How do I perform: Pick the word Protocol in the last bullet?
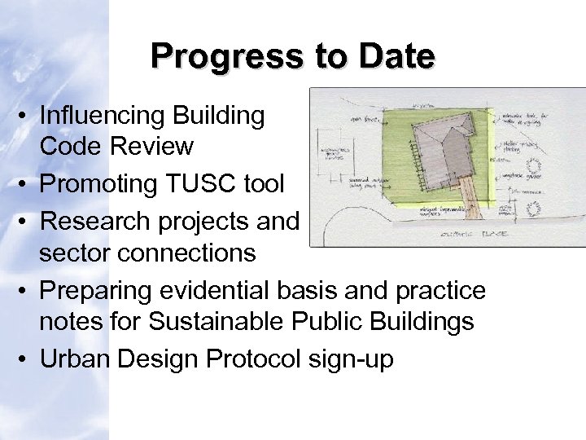click(x=251, y=359)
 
